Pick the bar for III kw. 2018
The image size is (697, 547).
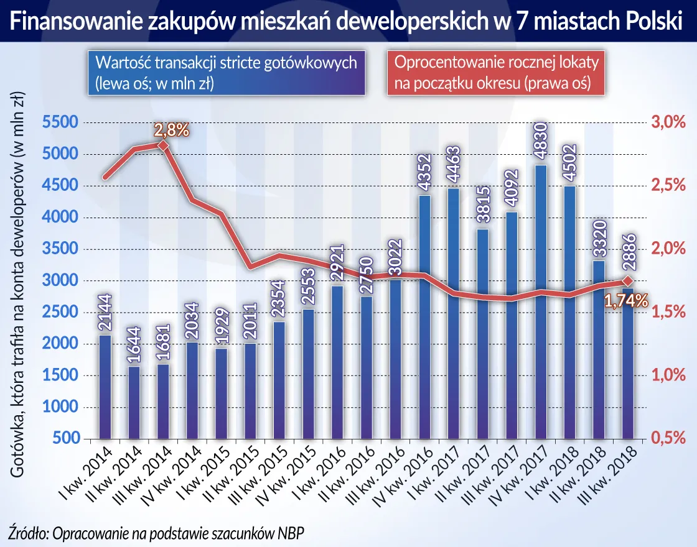pyautogui.click(x=628, y=373)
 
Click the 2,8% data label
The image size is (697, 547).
pyautogui.click(x=169, y=131)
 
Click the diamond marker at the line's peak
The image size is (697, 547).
pyautogui.click(x=164, y=145)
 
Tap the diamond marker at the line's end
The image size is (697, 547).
pyautogui.click(x=628, y=282)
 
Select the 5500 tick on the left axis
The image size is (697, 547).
pyautogui.click(x=60, y=123)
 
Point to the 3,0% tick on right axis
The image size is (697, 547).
pyautogui.click(x=667, y=123)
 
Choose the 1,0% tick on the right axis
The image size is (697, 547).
pyautogui.click(x=667, y=375)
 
